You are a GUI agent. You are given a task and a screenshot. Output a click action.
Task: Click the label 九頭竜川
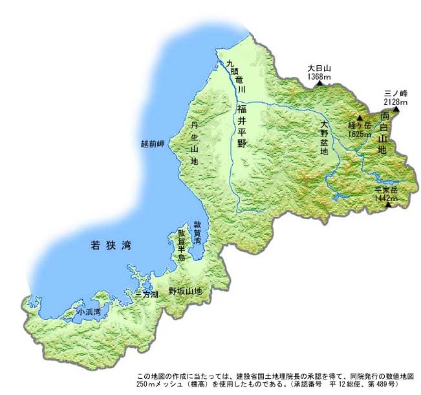[235, 76]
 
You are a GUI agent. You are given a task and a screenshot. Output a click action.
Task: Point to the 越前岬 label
[153, 144]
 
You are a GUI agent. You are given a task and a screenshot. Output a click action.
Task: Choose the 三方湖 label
[147, 293]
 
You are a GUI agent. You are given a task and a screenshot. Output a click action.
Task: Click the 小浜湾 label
[88, 312]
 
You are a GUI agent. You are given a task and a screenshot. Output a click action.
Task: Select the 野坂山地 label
[185, 291]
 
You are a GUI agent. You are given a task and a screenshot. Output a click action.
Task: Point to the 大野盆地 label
[324, 138]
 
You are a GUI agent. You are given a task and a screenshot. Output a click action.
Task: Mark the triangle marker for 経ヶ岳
[360, 118]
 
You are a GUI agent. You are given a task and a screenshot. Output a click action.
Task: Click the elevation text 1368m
[319, 77]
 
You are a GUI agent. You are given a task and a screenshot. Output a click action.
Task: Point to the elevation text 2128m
[395, 101]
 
